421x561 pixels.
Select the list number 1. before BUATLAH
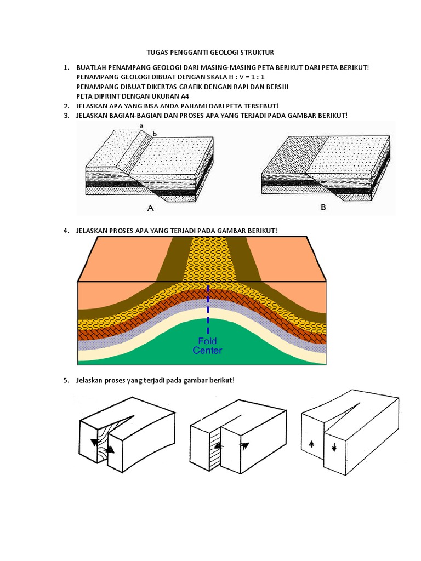66,67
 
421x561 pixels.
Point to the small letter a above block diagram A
141,125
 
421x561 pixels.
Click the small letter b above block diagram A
154,134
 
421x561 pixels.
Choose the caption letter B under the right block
322,208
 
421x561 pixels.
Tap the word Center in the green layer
208,351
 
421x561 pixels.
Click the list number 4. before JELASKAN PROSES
66,231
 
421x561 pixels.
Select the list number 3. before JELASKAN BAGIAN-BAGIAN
66,115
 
